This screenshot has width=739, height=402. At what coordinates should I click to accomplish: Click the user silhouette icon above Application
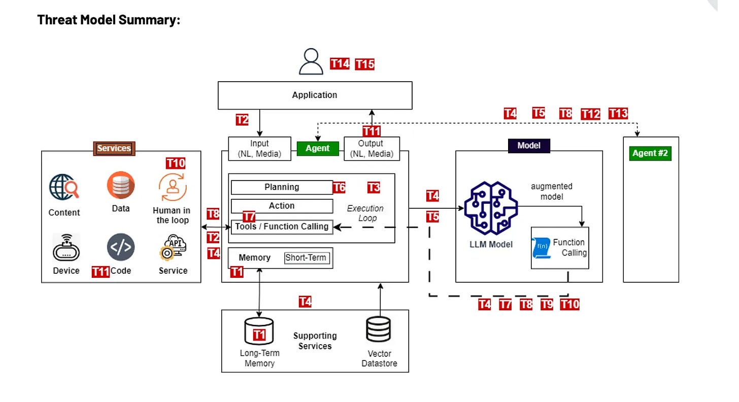(311, 62)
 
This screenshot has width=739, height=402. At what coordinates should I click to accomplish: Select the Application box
(315, 95)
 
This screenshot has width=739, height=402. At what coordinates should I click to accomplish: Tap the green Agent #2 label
(650, 153)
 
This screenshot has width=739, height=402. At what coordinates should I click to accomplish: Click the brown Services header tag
(114, 148)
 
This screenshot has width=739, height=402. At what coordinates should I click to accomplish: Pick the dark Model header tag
(529, 145)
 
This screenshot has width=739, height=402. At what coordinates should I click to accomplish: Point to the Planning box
(282, 187)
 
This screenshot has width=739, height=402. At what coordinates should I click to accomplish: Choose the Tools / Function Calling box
(282, 227)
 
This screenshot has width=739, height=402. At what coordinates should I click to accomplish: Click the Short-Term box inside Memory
(307, 258)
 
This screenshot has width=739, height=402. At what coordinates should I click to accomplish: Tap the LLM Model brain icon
(491, 208)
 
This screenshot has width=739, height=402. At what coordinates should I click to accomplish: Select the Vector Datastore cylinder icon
(379, 330)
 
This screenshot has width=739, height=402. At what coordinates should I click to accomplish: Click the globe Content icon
(64, 187)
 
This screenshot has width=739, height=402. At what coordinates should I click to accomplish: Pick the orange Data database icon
(121, 185)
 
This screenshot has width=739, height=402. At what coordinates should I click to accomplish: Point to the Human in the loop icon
(173, 187)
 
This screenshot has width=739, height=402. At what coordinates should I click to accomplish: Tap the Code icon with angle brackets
(121, 247)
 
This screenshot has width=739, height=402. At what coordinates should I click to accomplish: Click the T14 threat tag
(340, 63)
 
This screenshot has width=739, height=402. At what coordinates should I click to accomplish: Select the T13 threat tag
(618, 114)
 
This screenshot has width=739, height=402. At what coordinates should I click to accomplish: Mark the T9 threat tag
(547, 304)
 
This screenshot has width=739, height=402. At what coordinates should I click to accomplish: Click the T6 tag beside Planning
(339, 188)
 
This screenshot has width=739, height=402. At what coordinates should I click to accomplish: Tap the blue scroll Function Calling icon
(541, 248)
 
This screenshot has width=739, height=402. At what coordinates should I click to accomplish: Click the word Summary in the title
(150, 20)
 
